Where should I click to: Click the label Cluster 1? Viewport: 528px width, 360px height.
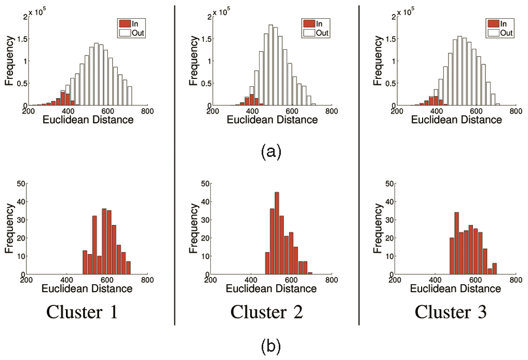[x=82, y=312]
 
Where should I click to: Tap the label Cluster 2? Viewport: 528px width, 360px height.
[x=267, y=312]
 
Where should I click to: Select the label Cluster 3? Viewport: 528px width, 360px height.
[x=451, y=312]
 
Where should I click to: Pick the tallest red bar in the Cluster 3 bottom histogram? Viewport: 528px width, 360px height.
[x=456, y=243]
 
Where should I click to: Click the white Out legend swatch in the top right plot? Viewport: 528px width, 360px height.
[x=494, y=33]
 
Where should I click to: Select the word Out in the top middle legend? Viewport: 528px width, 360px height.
[x=322, y=33]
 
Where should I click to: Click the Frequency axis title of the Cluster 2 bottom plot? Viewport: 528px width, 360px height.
[x=193, y=229]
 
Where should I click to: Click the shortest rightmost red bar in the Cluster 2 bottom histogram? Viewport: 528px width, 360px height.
[x=310, y=273]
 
